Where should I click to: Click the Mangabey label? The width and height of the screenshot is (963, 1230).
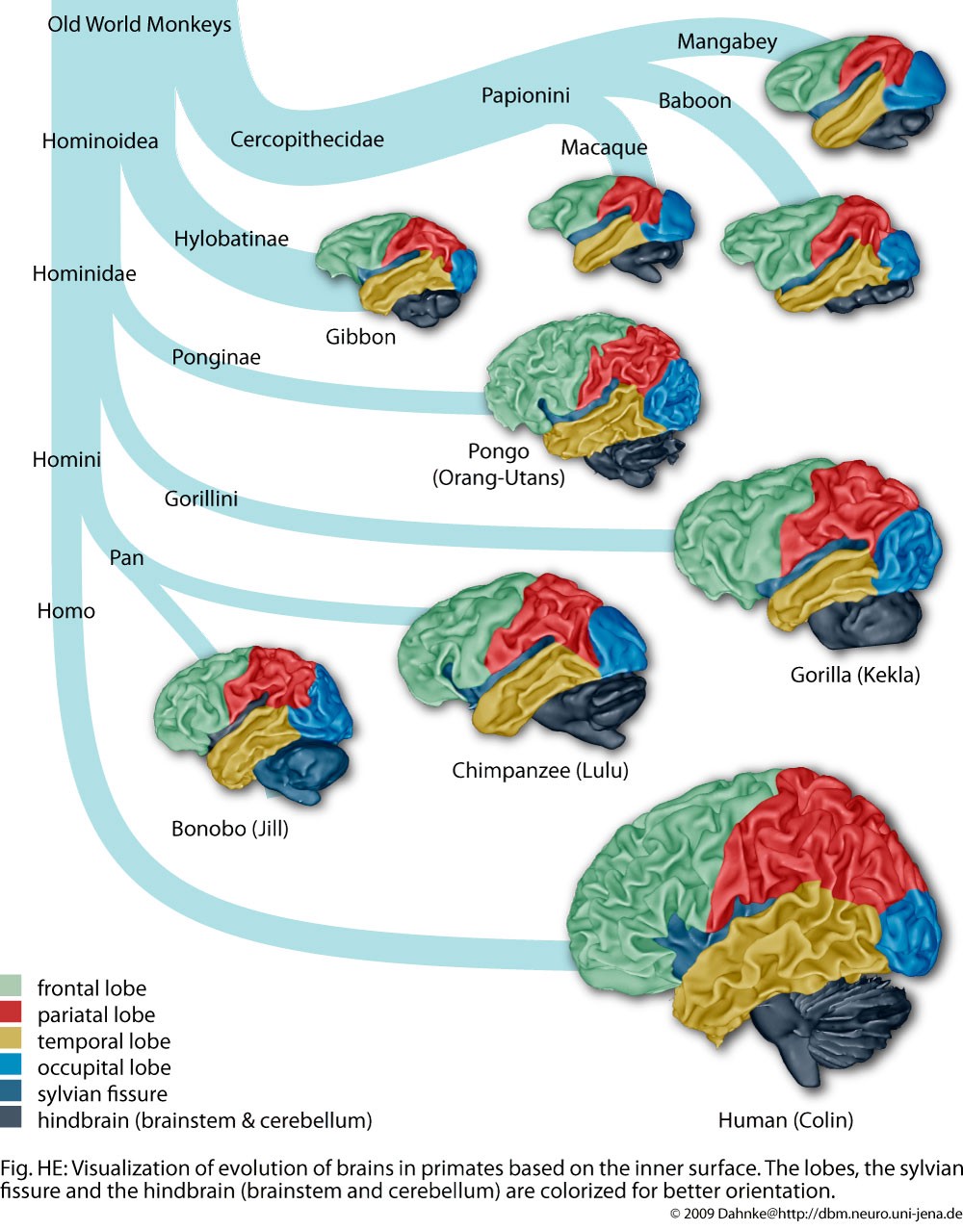point(726,41)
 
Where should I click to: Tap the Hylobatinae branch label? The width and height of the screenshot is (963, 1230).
point(231,239)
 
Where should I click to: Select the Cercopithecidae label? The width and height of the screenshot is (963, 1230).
point(306,140)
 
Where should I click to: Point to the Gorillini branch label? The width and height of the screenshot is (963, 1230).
point(200,499)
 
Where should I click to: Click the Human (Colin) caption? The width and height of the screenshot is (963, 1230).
point(785,1120)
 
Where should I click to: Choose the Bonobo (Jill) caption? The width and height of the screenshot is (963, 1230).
point(229,829)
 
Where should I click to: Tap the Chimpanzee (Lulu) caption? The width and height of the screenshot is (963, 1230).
point(539,770)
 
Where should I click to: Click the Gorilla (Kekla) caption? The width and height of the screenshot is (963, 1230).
point(854,675)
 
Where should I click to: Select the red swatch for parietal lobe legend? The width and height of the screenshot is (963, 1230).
point(11,1012)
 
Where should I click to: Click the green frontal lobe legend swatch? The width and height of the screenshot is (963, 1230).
point(11,986)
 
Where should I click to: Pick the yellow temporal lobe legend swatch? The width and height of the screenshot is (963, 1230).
point(11,1038)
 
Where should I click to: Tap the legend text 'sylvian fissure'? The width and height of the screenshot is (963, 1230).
point(102,1094)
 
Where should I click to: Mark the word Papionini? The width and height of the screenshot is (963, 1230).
point(525,95)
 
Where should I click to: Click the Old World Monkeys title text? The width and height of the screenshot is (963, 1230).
point(140,25)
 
